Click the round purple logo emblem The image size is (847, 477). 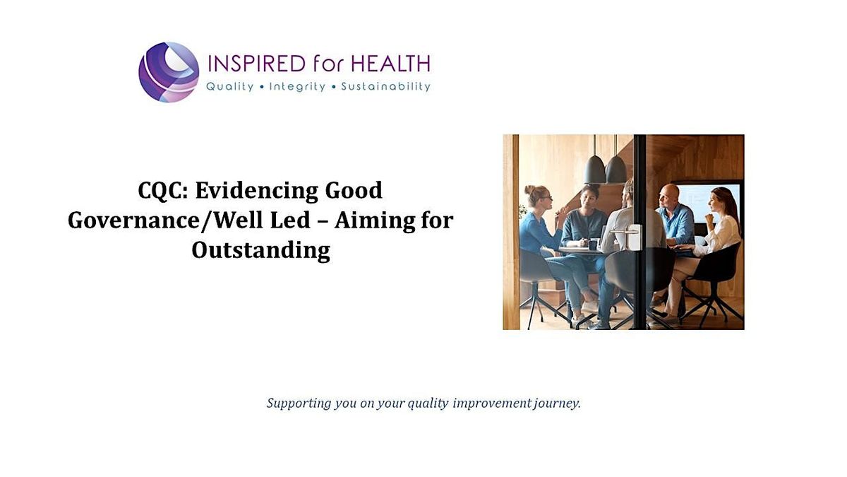[x=169, y=72]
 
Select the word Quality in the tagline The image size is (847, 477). [x=229, y=87]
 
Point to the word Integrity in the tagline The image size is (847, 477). [x=297, y=87]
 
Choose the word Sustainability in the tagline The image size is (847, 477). [x=385, y=87]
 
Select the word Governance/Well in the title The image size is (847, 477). [x=188, y=220]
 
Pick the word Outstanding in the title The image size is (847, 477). [x=260, y=250]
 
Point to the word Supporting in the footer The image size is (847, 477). [x=299, y=404]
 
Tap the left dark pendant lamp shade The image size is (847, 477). [x=595, y=170]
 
